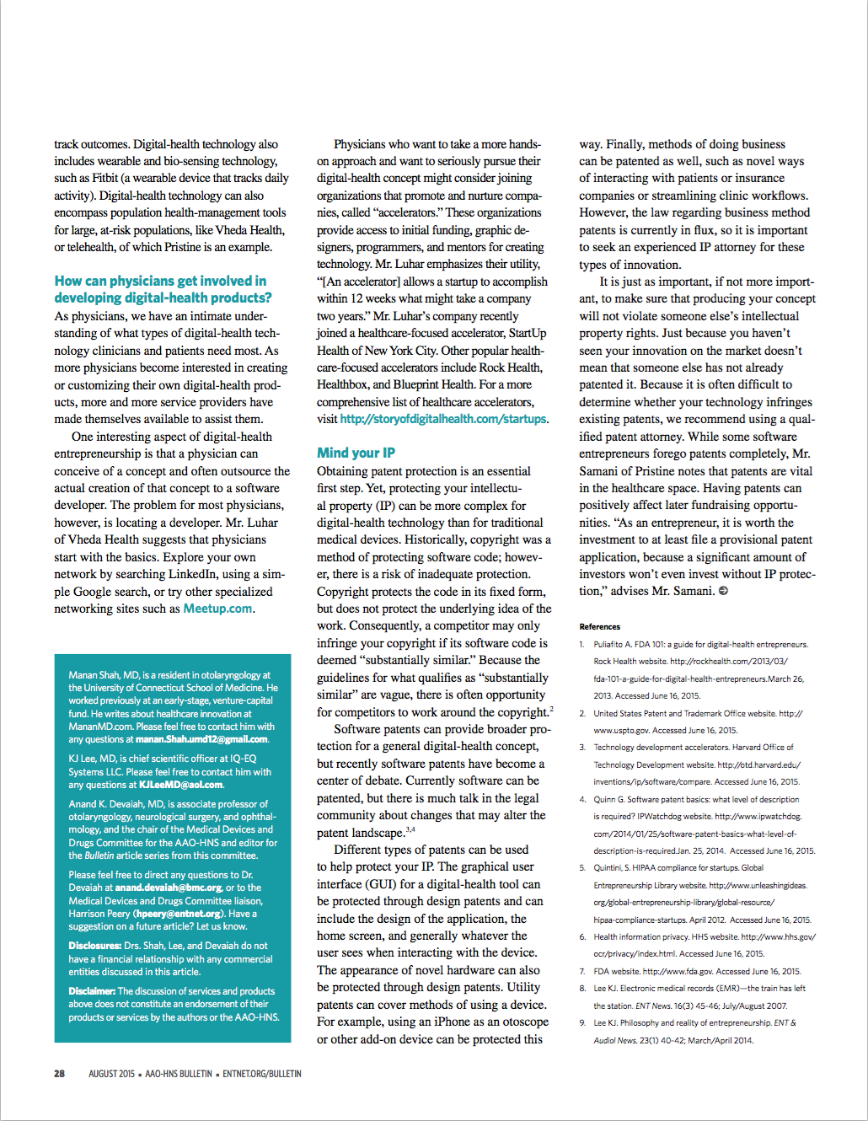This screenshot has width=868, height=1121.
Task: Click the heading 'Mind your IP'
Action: tap(356, 453)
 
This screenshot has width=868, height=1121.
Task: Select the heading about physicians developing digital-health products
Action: tap(163, 289)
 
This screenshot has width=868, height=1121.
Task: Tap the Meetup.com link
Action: tap(217, 609)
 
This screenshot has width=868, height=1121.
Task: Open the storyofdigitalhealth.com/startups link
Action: tap(443, 419)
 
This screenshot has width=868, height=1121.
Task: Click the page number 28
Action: tap(59, 1074)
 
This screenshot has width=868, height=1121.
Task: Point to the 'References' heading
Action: tap(599, 627)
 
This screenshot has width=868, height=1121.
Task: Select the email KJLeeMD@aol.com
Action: tap(181, 785)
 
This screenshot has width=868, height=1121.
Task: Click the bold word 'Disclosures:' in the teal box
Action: tap(94, 946)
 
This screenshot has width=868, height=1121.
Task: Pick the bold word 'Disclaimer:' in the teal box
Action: tap(92, 991)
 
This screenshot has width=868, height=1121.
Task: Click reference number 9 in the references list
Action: tap(582, 1023)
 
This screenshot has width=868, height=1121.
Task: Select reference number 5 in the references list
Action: tap(582, 868)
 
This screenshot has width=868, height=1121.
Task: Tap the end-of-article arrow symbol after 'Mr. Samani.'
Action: tap(723, 591)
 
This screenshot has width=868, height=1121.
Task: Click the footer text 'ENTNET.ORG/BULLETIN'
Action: tap(262, 1074)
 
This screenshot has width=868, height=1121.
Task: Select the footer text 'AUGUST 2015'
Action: tap(111, 1074)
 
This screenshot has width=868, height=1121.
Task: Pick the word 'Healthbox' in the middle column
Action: tap(343, 384)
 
